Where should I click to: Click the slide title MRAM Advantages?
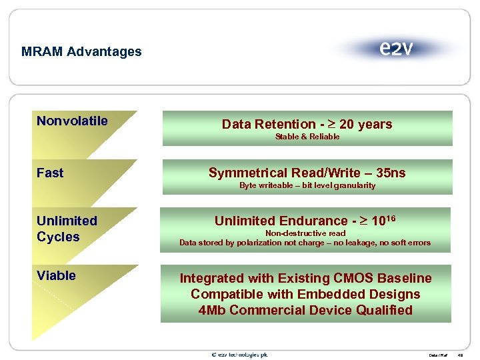pyautogui.click(x=81, y=51)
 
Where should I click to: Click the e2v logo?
pyautogui.click(x=396, y=49)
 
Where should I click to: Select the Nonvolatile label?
pyautogui.click(x=72, y=121)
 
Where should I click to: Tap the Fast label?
pyautogui.click(x=50, y=173)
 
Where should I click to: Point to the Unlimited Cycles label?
pyautogui.click(x=67, y=229)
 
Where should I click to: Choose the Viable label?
pyautogui.click(x=56, y=275)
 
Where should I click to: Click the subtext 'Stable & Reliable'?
pyautogui.click(x=307, y=137)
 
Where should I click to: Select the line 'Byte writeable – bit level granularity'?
pyautogui.click(x=307, y=185)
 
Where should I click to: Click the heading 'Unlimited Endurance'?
pyautogui.click(x=279, y=221)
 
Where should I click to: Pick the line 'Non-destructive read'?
pyautogui.click(x=305, y=233)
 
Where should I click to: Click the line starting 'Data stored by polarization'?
pyautogui.click(x=305, y=243)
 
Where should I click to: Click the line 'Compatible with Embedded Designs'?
pyautogui.click(x=305, y=294)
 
